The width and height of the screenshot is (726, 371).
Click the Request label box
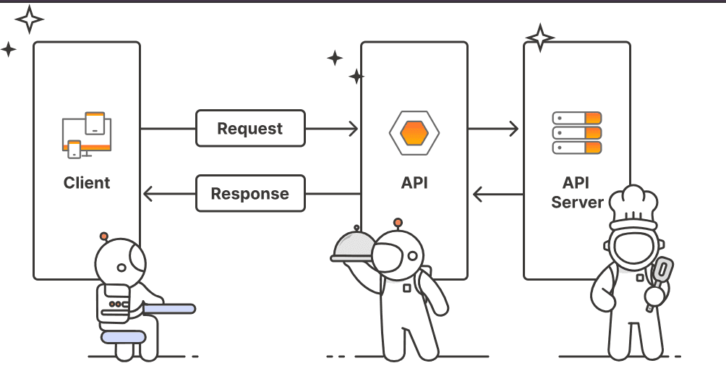click(250, 129)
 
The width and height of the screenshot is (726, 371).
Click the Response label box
click(250, 194)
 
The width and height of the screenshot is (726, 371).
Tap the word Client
click(87, 183)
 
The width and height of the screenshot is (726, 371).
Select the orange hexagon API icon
click(414, 133)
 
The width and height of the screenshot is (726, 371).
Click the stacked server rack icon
click(577, 132)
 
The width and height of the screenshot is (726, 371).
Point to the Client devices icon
click(86, 135)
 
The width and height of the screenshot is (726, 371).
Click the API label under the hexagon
click(414, 183)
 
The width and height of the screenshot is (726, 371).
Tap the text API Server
click(577, 192)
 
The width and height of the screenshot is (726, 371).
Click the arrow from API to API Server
click(493, 129)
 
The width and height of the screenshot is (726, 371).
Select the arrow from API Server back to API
click(497, 194)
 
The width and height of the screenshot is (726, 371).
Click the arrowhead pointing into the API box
click(353, 129)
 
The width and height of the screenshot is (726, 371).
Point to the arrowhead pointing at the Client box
click(148, 194)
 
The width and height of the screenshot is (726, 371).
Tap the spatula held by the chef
click(660, 276)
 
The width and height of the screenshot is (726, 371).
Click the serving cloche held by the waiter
click(354, 247)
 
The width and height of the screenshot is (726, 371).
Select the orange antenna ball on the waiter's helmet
click(397, 222)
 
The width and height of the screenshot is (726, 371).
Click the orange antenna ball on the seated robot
click(104, 236)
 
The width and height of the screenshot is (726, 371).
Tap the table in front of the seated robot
click(169, 309)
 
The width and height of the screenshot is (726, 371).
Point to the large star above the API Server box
click(539, 38)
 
